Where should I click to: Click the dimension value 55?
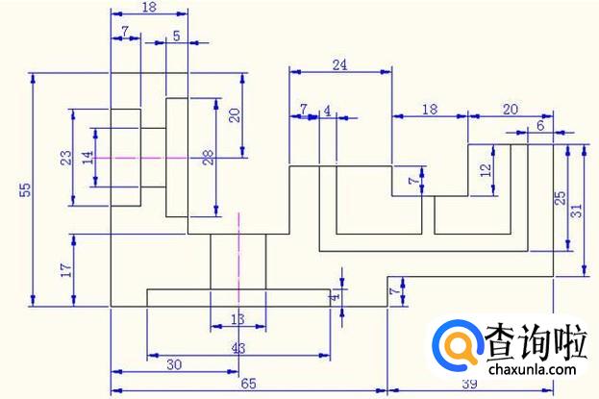[x=25, y=190]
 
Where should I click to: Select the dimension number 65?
[x=248, y=384]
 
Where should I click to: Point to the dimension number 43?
[x=237, y=347]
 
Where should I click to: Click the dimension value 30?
[x=176, y=364]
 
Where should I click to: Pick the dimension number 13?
[x=237, y=319]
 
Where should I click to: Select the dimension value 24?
[x=340, y=64]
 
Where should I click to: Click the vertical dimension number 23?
[x=65, y=157]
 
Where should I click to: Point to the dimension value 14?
[x=87, y=156]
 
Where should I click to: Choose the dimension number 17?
[x=66, y=270]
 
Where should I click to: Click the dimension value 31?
[x=576, y=211]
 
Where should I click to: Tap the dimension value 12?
[x=486, y=169]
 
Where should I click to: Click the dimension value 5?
[x=177, y=36]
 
